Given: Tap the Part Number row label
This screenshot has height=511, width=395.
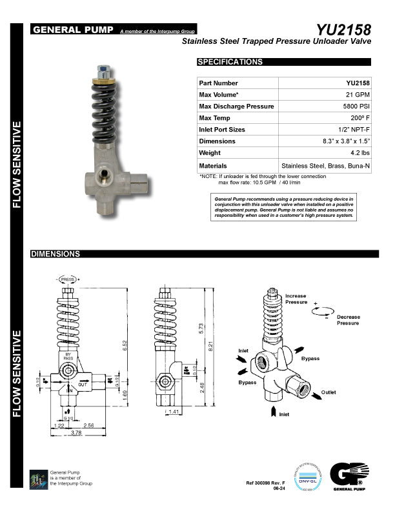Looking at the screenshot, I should pyautogui.click(x=219, y=83).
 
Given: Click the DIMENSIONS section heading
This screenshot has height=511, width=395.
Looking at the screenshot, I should pyautogui.click(x=55, y=254).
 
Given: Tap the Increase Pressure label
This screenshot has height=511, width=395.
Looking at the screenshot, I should pyautogui.click(x=296, y=299).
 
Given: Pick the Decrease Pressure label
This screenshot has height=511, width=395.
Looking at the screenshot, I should pyautogui.click(x=347, y=320).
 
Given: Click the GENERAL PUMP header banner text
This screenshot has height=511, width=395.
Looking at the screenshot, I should pyautogui.click(x=74, y=30).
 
